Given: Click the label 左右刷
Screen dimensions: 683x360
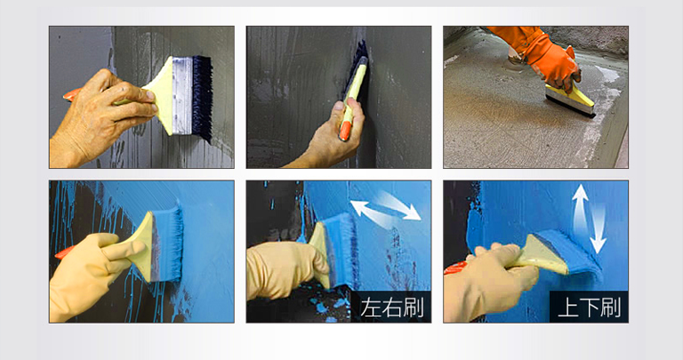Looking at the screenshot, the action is click(x=391, y=308).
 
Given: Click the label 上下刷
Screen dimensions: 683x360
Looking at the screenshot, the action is click(x=589, y=308).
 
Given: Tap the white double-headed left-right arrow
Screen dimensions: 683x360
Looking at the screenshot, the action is click(x=385, y=210).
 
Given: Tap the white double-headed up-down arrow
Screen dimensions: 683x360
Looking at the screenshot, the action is click(x=589, y=219).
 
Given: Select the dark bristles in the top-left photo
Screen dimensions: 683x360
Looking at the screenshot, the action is click(x=202, y=98).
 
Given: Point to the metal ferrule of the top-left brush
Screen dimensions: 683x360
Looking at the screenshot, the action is click(x=182, y=96).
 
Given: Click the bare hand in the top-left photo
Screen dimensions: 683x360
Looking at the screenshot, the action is click(x=100, y=117).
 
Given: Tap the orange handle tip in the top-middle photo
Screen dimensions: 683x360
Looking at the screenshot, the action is click(x=344, y=131).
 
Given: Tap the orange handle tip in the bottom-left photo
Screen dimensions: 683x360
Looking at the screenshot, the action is click(x=64, y=252).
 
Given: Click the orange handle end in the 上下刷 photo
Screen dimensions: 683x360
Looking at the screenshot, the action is click(x=455, y=267).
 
